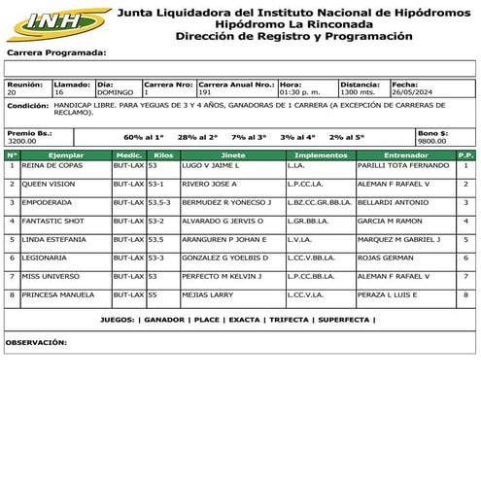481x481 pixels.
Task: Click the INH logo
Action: coord(58,20)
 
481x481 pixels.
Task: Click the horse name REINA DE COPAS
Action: coord(52,166)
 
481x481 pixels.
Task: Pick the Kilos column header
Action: coord(163,155)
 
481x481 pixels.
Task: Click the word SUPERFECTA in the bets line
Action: coord(343,320)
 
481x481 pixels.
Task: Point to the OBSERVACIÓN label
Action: coord(36,342)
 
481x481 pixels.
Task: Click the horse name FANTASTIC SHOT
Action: coord(52,222)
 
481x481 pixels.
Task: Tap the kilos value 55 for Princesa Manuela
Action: coord(153,294)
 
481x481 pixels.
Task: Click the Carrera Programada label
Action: coord(55,52)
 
